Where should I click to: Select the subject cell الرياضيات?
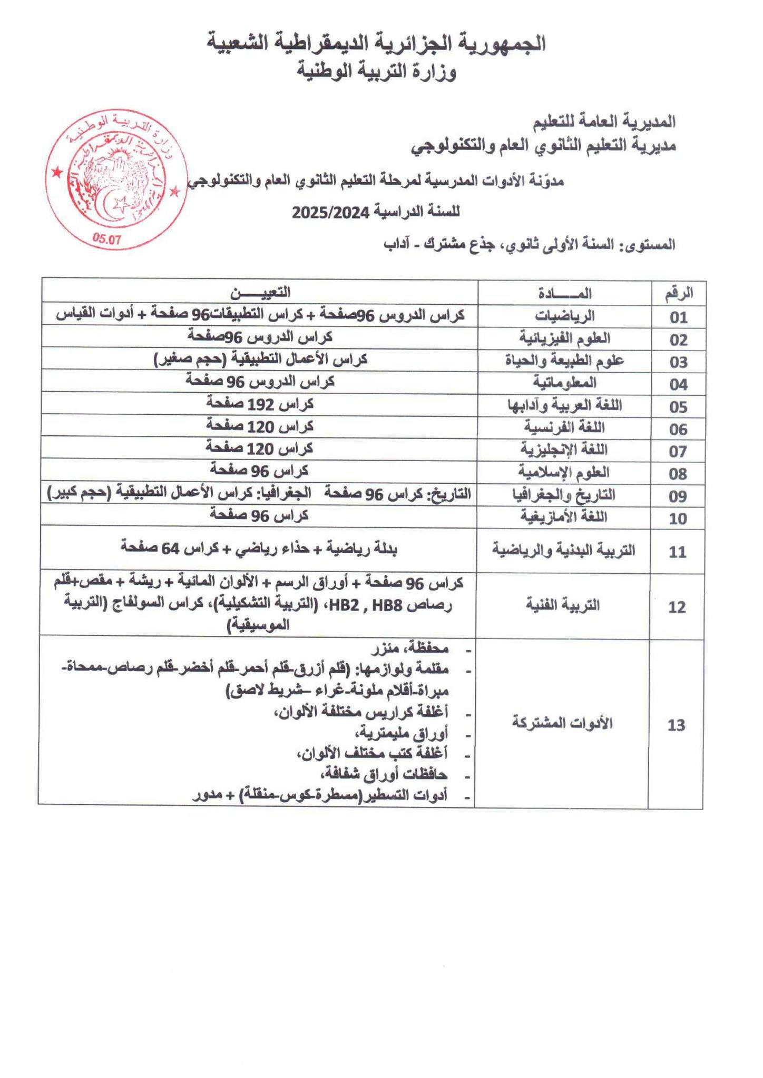(x=564, y=316)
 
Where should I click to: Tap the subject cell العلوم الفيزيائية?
(x=564, y=338)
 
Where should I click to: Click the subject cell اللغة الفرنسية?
(x=564, y=427)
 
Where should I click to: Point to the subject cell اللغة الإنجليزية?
(x=564, y=450)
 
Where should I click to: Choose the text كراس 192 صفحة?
(x=260, y=404)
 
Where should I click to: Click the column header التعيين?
(x=260, y=292)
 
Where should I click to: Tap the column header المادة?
(x=564, y=293)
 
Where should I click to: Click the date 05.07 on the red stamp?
(x=107, y=238)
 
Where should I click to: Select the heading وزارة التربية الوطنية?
(x=377, y=72)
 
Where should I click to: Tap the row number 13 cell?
(x=676, y=725)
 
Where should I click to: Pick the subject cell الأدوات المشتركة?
(x=563, y=723)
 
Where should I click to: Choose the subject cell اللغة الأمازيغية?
(x=564, y=517)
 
